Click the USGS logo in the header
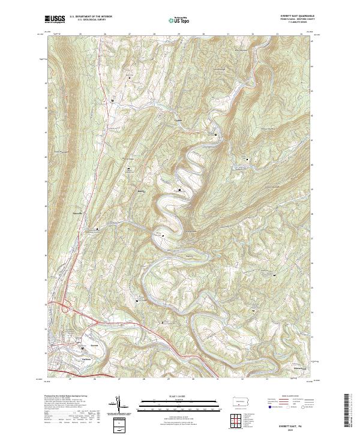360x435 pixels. coord(55,19)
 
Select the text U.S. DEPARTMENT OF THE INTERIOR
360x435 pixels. coord(91,17)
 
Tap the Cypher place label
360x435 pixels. coord(177,118)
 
